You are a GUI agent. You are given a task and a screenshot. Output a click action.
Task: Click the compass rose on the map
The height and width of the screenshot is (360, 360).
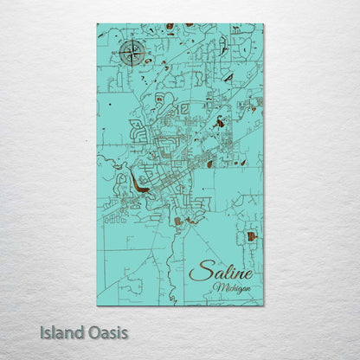tap(132, 54)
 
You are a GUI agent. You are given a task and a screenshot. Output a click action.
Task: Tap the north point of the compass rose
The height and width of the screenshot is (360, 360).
tap(132, 41)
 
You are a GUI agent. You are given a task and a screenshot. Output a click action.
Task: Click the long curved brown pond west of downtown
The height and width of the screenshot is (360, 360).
tap(138, 186)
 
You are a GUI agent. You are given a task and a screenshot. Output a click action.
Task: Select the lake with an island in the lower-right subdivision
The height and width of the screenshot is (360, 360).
tap(250, 235)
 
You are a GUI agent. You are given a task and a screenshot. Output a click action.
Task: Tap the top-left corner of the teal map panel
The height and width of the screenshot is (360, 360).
tap(98, 24)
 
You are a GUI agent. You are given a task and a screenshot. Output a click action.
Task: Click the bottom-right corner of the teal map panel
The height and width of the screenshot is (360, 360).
tap(263, 305)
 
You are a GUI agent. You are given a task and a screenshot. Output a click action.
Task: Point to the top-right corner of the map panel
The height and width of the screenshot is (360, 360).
tap(263, 24)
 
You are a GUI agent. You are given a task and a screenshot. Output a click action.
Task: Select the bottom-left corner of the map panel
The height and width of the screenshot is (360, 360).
tap(98, 305)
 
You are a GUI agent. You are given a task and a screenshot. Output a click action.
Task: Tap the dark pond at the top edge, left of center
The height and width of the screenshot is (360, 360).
tap(170, 26)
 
